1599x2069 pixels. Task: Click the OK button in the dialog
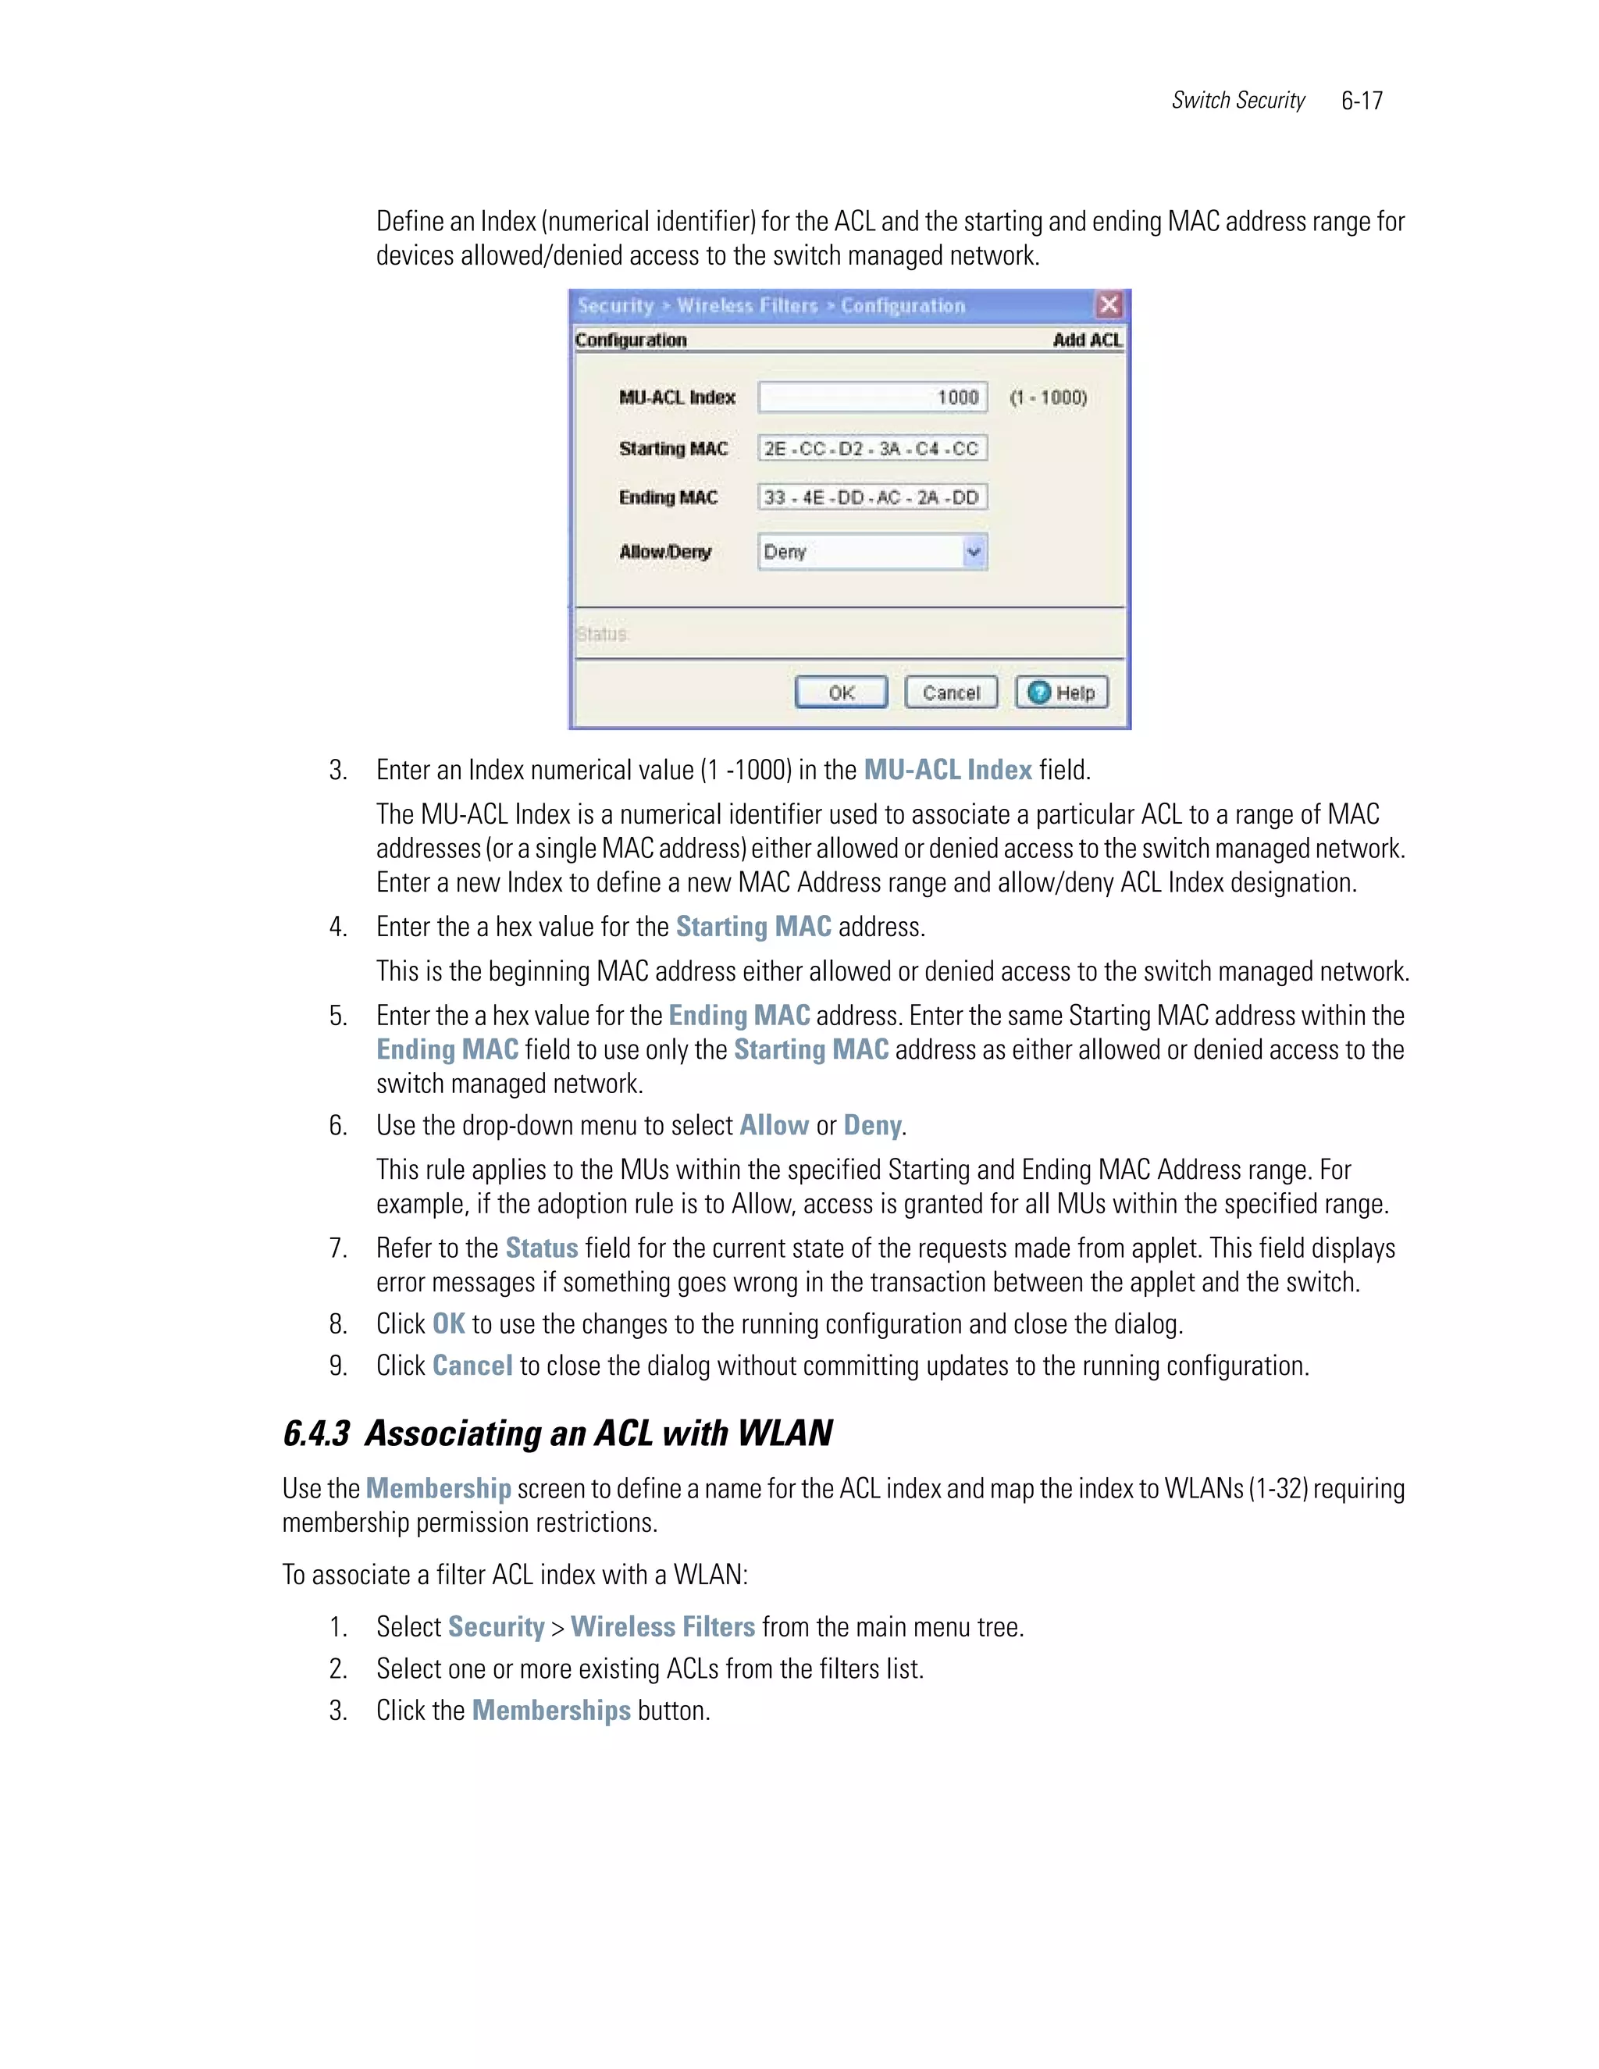pyautogui.click(x=840, y=693)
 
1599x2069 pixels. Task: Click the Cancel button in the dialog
pyautogui.click(x=950, y=693)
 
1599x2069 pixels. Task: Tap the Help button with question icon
pyautogui.click(x=1061, y=693)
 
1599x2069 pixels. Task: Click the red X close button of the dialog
pyautogui.click(x=1109, y=305)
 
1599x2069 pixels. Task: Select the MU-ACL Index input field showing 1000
pyautogui.click(x=871, y=397)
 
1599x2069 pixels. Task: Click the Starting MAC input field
pyautogui.click(x=871, y=448)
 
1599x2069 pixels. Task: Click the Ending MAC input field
pyautogui.click(x=871, y=497)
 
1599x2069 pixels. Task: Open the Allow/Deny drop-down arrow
pyautogui.click(x=974, y=551)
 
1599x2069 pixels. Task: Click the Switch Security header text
pyautogui.click(x=1238, y=101)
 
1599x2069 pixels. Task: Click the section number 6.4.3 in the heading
pyautogui.click(x=316, y=1433)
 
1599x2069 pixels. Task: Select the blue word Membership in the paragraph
pyautogui.click(x=438, y=1488)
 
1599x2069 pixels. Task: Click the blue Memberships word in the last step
pyautogui.click(x=550, y=1710)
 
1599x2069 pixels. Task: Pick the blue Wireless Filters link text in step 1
pyautogui.click(x=662, y=1626)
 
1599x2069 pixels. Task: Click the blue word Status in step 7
pyautogui.click(x=541, y=1248)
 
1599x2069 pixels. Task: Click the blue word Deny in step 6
pyautogui.click(x=871, y=1124)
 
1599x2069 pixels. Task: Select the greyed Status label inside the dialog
pyautogui.click(x=603, y=634)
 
